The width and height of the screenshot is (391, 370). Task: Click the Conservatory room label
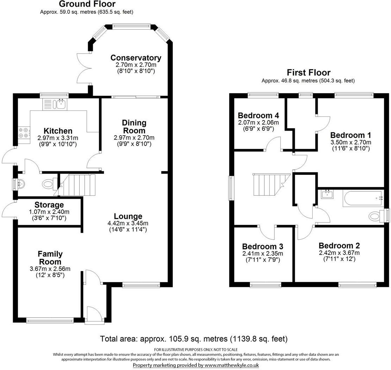(136, 58)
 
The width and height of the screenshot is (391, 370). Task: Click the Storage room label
(49, 205)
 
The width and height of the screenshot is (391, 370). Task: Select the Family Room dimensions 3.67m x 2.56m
(50, 269)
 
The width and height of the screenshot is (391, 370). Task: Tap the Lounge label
(128, 216)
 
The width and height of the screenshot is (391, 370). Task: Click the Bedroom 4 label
(258, 115)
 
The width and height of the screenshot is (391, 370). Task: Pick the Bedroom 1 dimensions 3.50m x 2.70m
(350, 142)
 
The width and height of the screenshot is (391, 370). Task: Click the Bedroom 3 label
(263, 246)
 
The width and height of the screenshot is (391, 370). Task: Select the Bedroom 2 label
(339, 245)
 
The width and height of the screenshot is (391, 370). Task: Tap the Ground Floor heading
(87, 4)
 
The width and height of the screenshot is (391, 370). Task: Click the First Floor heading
(308, 73)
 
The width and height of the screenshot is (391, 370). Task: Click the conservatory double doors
(84, 69)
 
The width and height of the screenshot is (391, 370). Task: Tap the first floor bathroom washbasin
(328, 194)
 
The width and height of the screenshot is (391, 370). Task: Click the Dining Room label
(134, 126)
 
